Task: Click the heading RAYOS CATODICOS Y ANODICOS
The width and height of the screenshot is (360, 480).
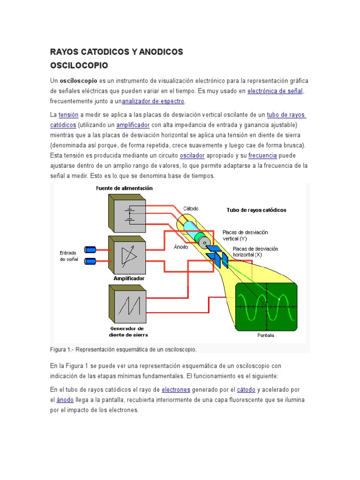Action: pos(116,52)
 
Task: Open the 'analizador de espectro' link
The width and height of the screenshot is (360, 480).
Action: pos(153,101)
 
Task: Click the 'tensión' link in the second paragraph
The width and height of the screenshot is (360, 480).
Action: pos(68,115)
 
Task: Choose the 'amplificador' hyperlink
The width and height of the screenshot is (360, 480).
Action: pos(133,125)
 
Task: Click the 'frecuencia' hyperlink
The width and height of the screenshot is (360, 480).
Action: pos(262,155)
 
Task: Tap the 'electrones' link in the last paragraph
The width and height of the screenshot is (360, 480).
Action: pos(176,390)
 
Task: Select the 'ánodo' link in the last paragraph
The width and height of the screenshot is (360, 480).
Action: pos(65,400)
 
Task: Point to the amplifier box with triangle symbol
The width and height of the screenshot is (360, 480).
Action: pos(127,255)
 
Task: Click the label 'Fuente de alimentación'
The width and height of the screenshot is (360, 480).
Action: pos(124,188)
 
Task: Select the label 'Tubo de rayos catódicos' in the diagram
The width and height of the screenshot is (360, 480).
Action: pos(256,210)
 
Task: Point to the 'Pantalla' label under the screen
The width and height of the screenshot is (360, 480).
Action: pos(266,335)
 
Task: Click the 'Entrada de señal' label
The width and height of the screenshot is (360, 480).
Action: pos(68,255)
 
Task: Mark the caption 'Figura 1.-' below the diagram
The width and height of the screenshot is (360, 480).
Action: pos(62,350)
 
